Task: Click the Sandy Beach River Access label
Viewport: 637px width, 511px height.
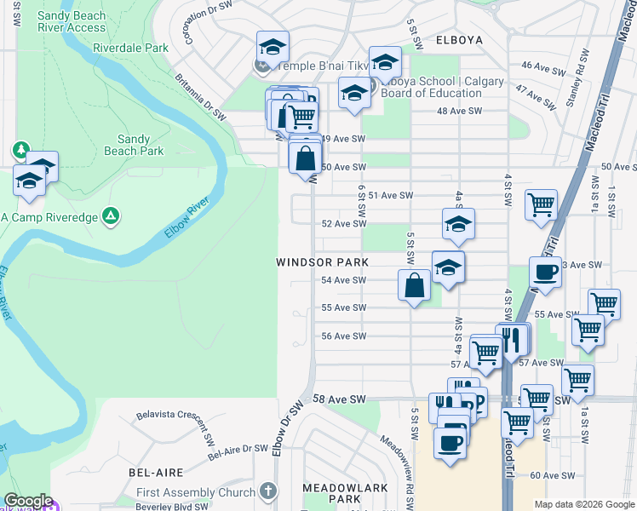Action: [72, 21]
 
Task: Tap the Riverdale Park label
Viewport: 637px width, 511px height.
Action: [131, 49]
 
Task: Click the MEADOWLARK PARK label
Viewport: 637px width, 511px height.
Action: [346, 493]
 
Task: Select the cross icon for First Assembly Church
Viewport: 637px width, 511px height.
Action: [268, 491]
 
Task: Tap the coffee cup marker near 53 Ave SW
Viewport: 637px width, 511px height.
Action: [545, 273]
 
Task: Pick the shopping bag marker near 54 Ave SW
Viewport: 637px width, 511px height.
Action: [414, 285]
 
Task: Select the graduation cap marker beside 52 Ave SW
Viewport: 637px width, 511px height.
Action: [458, 224]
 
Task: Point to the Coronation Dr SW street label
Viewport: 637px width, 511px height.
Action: [201, 22]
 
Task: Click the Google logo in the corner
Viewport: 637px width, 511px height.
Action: [28, 501]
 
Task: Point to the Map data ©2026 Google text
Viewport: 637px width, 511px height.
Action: [583, 504]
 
